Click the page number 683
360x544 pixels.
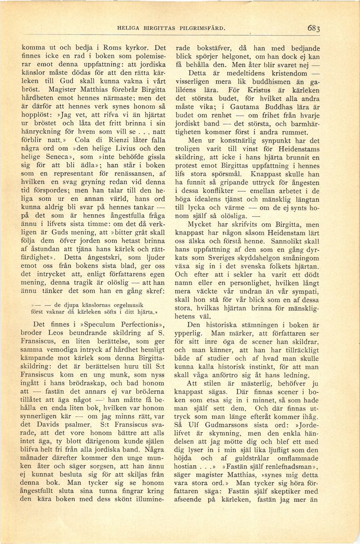(x=314, y=28)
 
